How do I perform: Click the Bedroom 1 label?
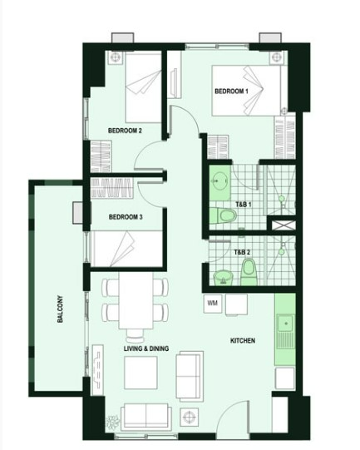[x=231, y=91]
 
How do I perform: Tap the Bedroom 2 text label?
[x=125, y=131]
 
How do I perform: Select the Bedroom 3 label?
[x=126, y=217]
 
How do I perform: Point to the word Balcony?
[x=60, y=309]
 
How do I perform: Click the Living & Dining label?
[x=146, y=349]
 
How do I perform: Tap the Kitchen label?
[x=243, y=341]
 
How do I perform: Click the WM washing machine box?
[x=213, y=303]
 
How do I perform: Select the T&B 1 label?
[x=244, y=205]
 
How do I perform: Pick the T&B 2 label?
[x=242, y=252]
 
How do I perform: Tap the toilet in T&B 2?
[x=248, y=272]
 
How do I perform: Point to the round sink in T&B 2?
[x=224, y=277]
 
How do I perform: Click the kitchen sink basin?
[x=285, y=324]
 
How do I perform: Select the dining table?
[x=136, y=300]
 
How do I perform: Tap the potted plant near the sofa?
[x=111, y=423]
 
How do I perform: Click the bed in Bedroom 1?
[x=246, y=91]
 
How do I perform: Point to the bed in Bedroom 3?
[x=126, y=249]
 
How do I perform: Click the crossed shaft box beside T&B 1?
[x=284, y=225]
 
